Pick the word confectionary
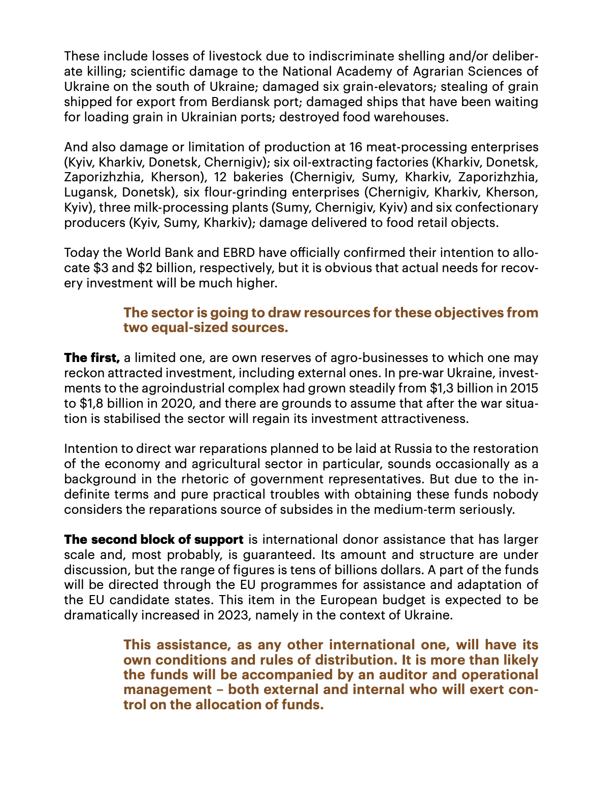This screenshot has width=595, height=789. pos(495,208)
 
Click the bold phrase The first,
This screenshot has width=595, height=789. pos(92,357)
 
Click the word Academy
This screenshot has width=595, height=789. pos(337,71)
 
